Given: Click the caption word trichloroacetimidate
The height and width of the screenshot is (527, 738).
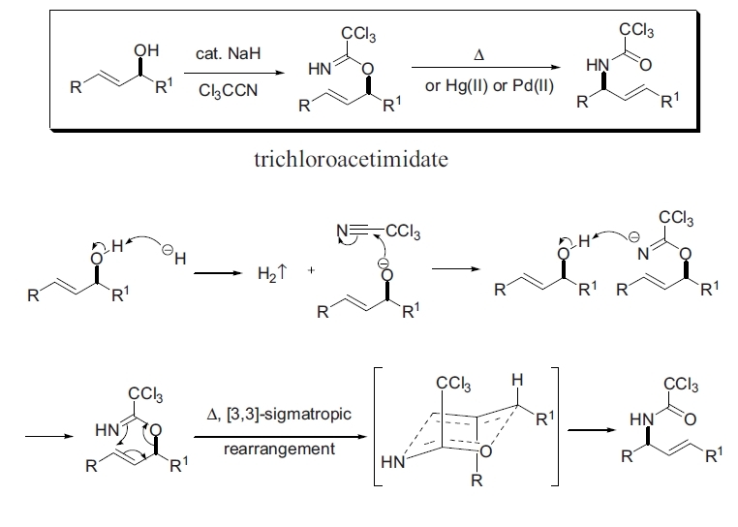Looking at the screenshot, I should (x=350, y=159).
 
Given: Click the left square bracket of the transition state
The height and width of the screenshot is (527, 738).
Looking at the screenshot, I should (x=377, y=426).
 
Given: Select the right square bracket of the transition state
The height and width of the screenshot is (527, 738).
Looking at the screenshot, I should (x=555, y=426).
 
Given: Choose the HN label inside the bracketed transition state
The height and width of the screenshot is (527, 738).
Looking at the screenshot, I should (x=392, y=463).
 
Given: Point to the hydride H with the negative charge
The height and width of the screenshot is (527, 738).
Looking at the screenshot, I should (x=176, y=257).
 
